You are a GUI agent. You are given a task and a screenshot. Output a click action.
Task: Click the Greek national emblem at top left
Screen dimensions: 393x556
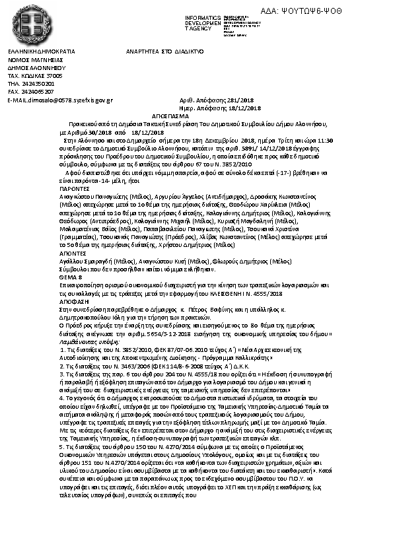(26, 24)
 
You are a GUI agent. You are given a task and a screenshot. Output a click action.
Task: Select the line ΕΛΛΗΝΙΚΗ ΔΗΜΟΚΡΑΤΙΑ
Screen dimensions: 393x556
(41, 51)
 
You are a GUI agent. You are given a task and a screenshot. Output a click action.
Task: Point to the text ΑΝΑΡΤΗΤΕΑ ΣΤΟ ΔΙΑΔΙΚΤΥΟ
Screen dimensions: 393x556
(165, 51)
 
